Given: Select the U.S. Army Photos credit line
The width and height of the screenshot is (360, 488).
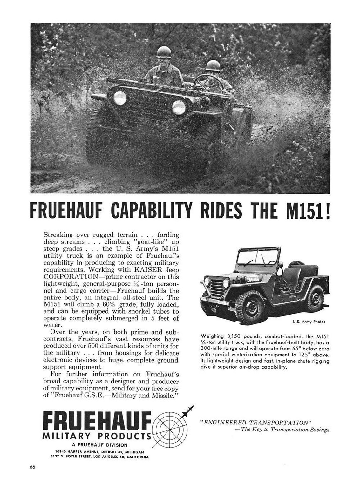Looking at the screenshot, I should click(x=309, y=322).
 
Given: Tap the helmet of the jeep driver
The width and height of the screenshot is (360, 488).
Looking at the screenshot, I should click(x=213, y=66).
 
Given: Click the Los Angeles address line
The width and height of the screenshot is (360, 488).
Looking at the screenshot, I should click(x=99, y=457).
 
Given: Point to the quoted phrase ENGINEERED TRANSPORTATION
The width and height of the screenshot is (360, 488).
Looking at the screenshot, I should click(x=255, y=423).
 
